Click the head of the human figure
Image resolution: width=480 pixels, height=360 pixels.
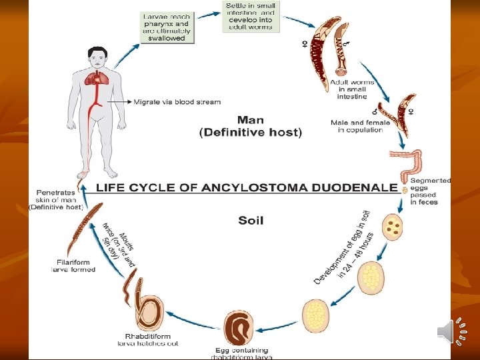pyautogui.click(x=97, y=58)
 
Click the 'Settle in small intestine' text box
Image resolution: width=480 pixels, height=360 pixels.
pyautogui.click(x=251, y=17)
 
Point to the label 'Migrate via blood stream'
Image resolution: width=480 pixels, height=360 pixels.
pyautogui.click(x=177, y=102)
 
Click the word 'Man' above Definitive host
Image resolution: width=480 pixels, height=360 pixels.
pyautogui.click(x=251, y=121)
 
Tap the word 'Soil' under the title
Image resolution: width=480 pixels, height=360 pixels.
pyautogui.click(x=251, y=220)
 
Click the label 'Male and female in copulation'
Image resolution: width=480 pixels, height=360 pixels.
pyautogui.click(x=357, y=126)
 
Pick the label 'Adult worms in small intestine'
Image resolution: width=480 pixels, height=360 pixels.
pyautogui.click(x=352, y=89)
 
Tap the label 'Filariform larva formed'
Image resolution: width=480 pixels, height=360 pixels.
pyautogui.click(x=73, y=266)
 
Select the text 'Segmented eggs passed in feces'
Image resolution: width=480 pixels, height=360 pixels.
pyautogui.click(x=430, y=191)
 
